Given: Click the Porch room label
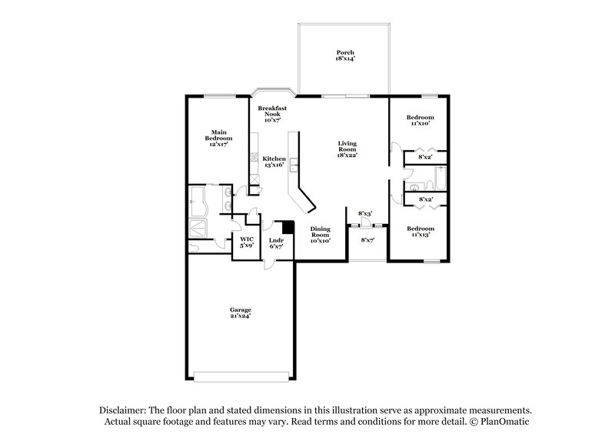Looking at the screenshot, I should point(344,55).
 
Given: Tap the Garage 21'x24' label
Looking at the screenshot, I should point(241,313).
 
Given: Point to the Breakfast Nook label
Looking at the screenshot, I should point(272,114).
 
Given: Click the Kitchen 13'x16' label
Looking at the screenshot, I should point(274,161).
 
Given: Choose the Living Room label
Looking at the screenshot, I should point(347,149).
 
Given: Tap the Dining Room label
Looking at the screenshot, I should point(320,234).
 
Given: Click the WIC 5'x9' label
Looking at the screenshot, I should point(246,242).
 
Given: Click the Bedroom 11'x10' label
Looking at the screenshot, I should point(420,120).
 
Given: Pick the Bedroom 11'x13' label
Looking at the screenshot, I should point(420,231).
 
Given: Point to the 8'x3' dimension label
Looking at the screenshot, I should point(365,213).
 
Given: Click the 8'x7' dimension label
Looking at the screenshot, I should point(368,240).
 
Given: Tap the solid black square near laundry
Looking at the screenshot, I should point(288,227).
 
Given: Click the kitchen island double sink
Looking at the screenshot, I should point(293,164).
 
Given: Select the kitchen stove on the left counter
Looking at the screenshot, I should point(252,161).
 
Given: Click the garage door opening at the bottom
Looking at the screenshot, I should point(240,377).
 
